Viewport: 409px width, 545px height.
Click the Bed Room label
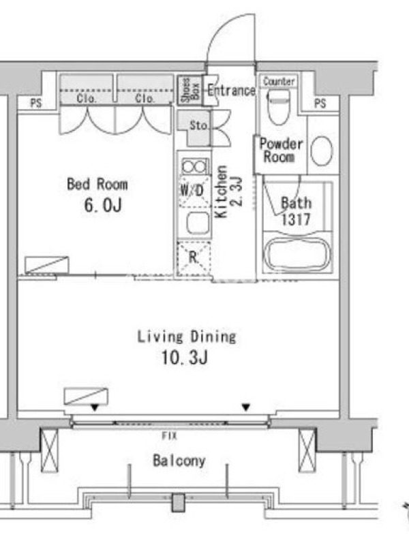pyautogui.click(x=97, y=184)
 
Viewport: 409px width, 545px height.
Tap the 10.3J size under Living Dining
pyautogui.click(x=185, y=357)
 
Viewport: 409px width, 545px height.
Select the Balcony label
pyautogui.click(x=179, y=461)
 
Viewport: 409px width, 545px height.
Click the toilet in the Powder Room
pyautogui.click(x=279, y=106)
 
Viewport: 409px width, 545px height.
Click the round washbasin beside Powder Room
pyautogui.click(x=322, y=151)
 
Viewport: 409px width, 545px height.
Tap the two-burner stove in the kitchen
pyautogui.click(x=194, y=166)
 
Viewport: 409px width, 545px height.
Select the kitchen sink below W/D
pyautogui.click(x=198, y=223)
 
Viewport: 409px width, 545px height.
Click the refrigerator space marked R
pyautogui.click(x=194, y=258)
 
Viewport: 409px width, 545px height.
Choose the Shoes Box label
pyautogui.click(x=191, y=91)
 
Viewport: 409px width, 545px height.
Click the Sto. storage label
pyautogui.click(x=199, y=125)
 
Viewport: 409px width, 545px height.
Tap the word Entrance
pyautogui.click(x=231, y=91)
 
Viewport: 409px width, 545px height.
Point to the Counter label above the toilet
pyautogui.click(x=279, y=81)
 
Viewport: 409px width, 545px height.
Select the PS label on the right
pyautogui.click(x=320, y=104)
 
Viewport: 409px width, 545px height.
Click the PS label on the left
pyautogui.click(x=36, y=104)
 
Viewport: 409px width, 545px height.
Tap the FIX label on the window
pyautogui.click(x=169, y=435)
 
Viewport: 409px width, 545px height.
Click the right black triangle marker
pyautogui.click(x=246, y=407)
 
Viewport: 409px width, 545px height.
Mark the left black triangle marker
pyautogui.click(x=95, y=407)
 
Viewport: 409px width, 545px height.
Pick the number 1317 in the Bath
pyautogui.click(x=296, y=219)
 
